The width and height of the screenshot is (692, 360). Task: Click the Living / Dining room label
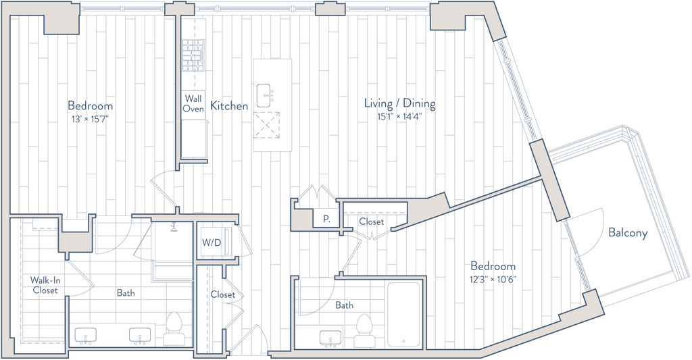point(399,104)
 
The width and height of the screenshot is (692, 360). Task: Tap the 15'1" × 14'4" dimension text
point(399,116)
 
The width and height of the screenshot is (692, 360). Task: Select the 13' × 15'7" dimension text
point(90,118)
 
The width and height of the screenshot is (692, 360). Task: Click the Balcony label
point(628,234)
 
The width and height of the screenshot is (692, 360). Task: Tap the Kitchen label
point(229,106)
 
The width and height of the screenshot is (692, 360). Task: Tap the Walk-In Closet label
point(45,285)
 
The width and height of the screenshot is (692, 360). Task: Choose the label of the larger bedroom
point(90,106)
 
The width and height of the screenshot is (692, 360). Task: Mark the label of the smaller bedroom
point(493,266)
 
